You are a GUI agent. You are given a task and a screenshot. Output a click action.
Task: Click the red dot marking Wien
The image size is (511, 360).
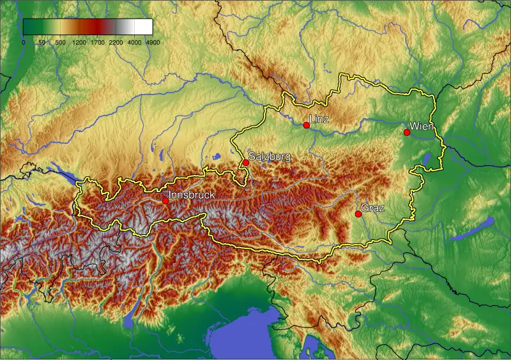(407, 132)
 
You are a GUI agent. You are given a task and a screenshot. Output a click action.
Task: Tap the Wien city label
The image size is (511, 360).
(422, 126)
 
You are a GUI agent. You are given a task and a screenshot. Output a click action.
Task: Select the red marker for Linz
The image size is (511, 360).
(307, 125)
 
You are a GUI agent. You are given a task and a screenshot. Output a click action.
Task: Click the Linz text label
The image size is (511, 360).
(319, 119)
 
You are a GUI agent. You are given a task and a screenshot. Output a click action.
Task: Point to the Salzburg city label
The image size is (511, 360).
(270, 156)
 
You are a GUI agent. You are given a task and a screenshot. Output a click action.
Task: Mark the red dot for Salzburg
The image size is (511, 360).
(246, 163)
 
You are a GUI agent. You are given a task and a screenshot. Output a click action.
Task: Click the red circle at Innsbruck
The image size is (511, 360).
(165, 201)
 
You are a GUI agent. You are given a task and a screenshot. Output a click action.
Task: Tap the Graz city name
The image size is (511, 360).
(372, 207)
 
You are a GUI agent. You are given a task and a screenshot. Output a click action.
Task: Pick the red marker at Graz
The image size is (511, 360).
(358, 214)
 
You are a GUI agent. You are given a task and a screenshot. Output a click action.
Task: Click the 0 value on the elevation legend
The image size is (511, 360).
(24, 43)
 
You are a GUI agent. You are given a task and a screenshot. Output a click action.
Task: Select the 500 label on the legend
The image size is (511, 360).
(60, 43)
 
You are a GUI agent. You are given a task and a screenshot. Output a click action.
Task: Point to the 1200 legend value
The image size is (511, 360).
(79, 43)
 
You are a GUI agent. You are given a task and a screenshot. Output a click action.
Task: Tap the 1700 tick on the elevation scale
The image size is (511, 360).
(98, 43)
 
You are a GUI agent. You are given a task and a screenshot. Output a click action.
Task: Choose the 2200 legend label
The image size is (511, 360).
(116, 43)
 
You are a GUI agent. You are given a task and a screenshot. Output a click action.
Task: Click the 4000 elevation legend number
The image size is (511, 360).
(135, 43)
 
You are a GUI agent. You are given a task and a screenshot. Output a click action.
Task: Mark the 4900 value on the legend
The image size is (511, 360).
(153, 43)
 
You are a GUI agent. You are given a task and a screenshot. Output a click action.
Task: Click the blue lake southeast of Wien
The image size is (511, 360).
(427, 158)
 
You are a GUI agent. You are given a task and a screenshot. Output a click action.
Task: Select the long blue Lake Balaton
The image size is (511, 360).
(473, 229)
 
